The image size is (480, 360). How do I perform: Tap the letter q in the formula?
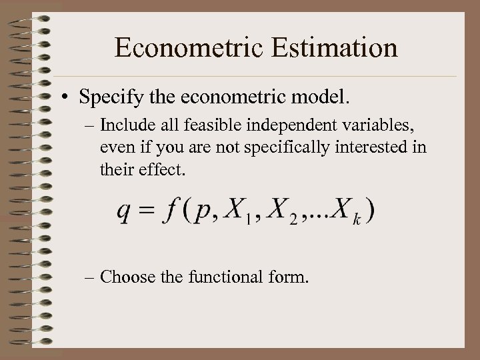123,213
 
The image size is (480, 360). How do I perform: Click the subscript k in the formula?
357,221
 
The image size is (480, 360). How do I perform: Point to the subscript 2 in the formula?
293,221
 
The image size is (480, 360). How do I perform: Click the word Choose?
129,277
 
